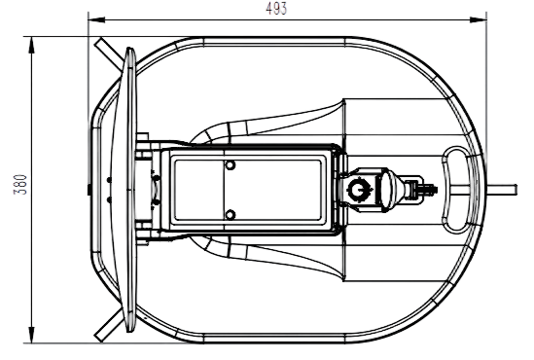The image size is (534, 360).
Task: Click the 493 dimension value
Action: tap(276, 9)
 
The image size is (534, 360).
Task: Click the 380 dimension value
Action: tap(20, 184)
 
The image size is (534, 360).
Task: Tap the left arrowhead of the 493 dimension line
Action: tap(96, 19)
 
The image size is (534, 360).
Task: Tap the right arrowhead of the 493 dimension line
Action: tap(479, 19)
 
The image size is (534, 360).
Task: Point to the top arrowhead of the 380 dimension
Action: tap(31, 45)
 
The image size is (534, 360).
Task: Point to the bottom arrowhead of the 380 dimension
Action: tap(31, 335)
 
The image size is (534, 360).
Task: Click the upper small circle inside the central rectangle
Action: tap(231, 165)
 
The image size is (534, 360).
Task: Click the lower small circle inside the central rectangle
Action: tap(231, 215)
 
